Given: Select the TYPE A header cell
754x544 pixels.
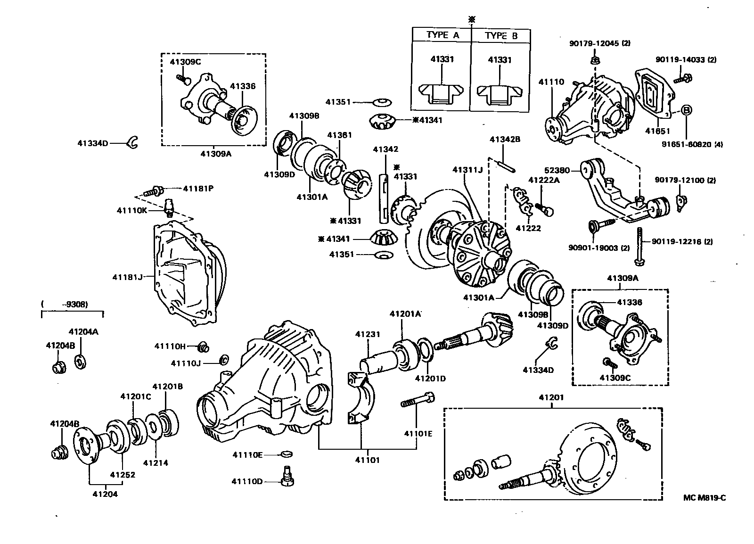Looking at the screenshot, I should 442,35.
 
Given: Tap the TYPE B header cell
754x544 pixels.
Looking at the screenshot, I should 501,35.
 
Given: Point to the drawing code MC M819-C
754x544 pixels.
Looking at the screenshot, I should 705,497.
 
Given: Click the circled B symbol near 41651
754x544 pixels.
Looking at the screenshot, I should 687,110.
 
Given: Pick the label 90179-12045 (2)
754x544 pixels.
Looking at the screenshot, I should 599,43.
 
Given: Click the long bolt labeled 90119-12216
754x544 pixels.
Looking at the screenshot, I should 639,245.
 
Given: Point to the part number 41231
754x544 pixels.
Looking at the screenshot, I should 368,334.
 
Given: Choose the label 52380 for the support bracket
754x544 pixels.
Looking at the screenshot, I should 557,170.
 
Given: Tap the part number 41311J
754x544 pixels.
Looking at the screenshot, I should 467,170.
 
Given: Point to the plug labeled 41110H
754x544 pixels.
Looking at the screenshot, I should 203,347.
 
